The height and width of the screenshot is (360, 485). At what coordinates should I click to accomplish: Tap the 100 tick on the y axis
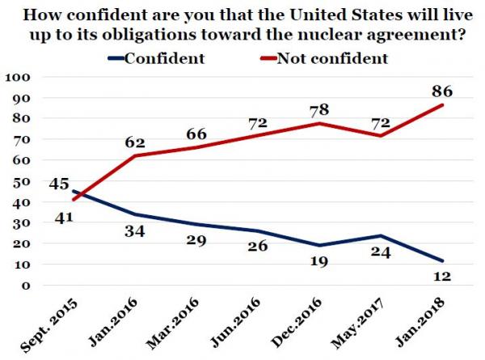coord(17,77)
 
